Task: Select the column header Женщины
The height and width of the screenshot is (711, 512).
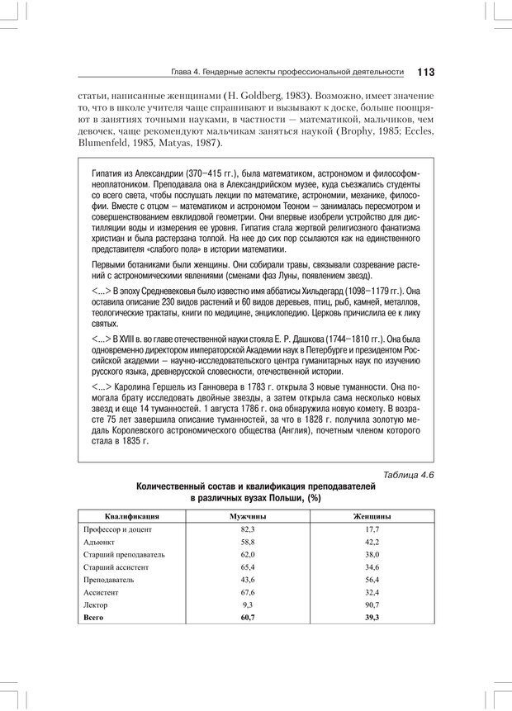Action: [372, 515]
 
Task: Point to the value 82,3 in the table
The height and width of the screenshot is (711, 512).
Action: [248, 529]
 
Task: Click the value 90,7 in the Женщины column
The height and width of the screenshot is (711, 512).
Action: [372, 605]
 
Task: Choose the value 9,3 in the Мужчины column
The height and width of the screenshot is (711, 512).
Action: [248, 605]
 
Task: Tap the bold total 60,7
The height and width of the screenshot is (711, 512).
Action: [248, 618]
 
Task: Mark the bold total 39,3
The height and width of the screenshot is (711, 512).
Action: [372, 618]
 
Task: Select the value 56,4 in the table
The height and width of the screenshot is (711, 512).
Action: [372, 580]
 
